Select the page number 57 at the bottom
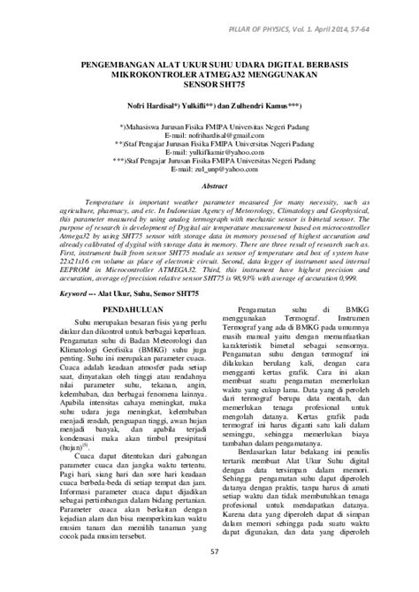click(x=210, y=577)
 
